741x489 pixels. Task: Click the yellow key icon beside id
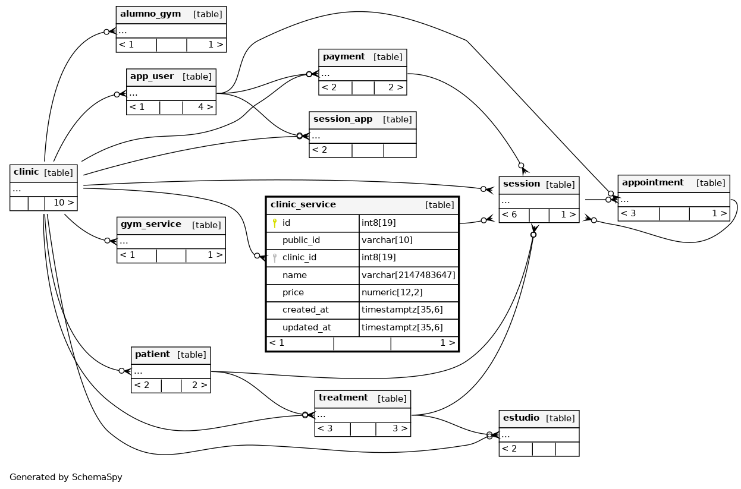pyautogui.click(x=274, y=223)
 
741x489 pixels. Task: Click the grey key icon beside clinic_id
pyautogui.click(x=274, y=258)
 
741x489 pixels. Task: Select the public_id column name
pyautogui.click(x=301, y=240)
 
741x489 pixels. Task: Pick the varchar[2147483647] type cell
pyautogui.click(x=408, y=275)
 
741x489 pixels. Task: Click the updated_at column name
pyautogui.click(x=307, y=327)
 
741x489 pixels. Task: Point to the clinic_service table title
pyautogui.click(x=303, y=204)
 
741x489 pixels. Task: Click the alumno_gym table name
pyautogui.click(x=150, y=14)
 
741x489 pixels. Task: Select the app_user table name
pyautogui.click(x=152, y=76)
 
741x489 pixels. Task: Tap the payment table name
pyautogui.click(x=344, y=56)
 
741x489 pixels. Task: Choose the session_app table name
pyautogui.click(x=343, y=119)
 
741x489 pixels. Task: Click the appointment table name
pyautogui.click(x=652, y=182)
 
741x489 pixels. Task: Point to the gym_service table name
pyautogui.click(x=151, y=225)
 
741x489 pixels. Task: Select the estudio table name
pyautogui.click(x=521, y=418)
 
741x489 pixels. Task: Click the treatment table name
pyautogui.click(x=343, y=397)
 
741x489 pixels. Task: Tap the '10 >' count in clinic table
pyautogui.click(x=64, y=203)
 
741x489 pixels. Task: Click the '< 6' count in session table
pyautogui.click(x=509, y=214)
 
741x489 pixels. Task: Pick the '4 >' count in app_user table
pyautogui.click(x=206, y=107)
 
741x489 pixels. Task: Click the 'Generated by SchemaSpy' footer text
pyautogui.click(x=66, y=477)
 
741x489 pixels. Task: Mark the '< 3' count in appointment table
pyautogui.click(x=628, y=213)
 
